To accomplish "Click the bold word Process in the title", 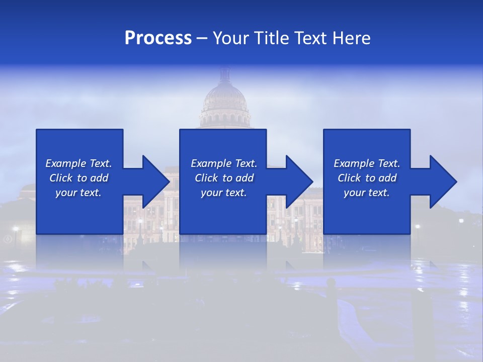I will (158, 38).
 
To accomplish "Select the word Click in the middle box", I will (206, 178).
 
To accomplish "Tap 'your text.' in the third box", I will (366, 193).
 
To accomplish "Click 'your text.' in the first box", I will (78, 193).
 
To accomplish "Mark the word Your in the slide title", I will (231, 38).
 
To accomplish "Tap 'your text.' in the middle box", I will (223, 193).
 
